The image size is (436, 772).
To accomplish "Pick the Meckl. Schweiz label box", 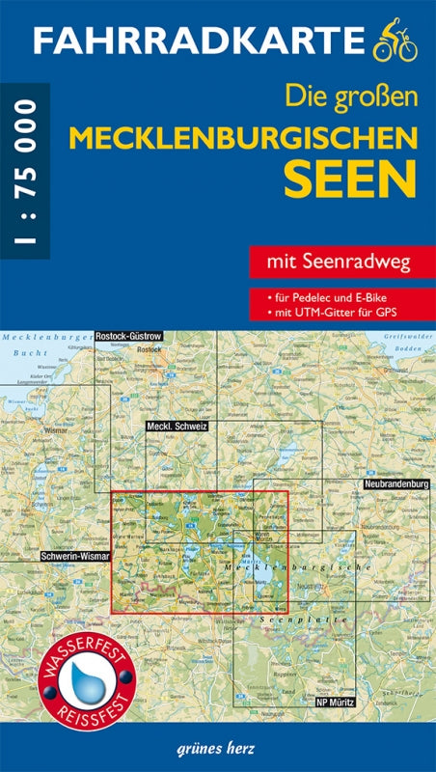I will [x=177, y=426].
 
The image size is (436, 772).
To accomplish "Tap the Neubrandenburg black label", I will [x=395, y=482].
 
